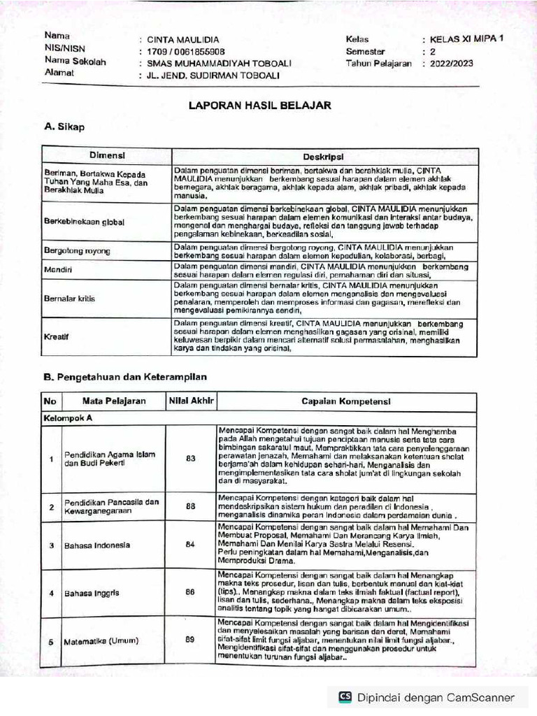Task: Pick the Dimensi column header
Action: point(106,154)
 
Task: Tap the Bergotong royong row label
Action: point(73,250)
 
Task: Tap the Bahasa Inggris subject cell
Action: point(92,593)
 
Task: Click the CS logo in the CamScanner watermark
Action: point(345,696)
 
